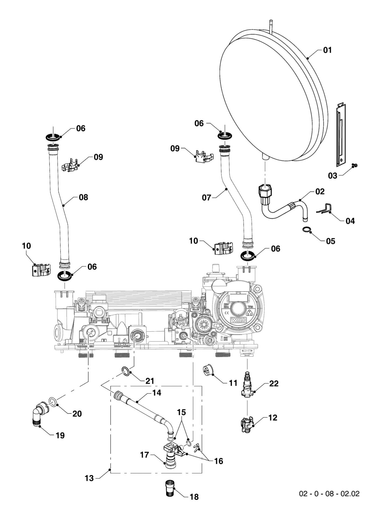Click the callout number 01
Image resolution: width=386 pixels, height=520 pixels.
pyautogui.click(x=327, y=50)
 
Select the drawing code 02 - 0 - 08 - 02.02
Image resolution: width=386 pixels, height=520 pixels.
pyautogui.click(x=329, y=494)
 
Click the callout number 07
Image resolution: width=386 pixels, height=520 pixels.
pyautogui.click(x=206, y=198)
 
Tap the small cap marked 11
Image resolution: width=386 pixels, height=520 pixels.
pyautogui.click(x=207, y=371)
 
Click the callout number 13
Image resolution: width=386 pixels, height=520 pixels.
pyautogui.click(x=89, y=478)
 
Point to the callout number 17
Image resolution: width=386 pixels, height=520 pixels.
pyautogui.click(x=145, y=455)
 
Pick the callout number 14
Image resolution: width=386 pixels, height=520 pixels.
pyautogui.click(x=156, y=393)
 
